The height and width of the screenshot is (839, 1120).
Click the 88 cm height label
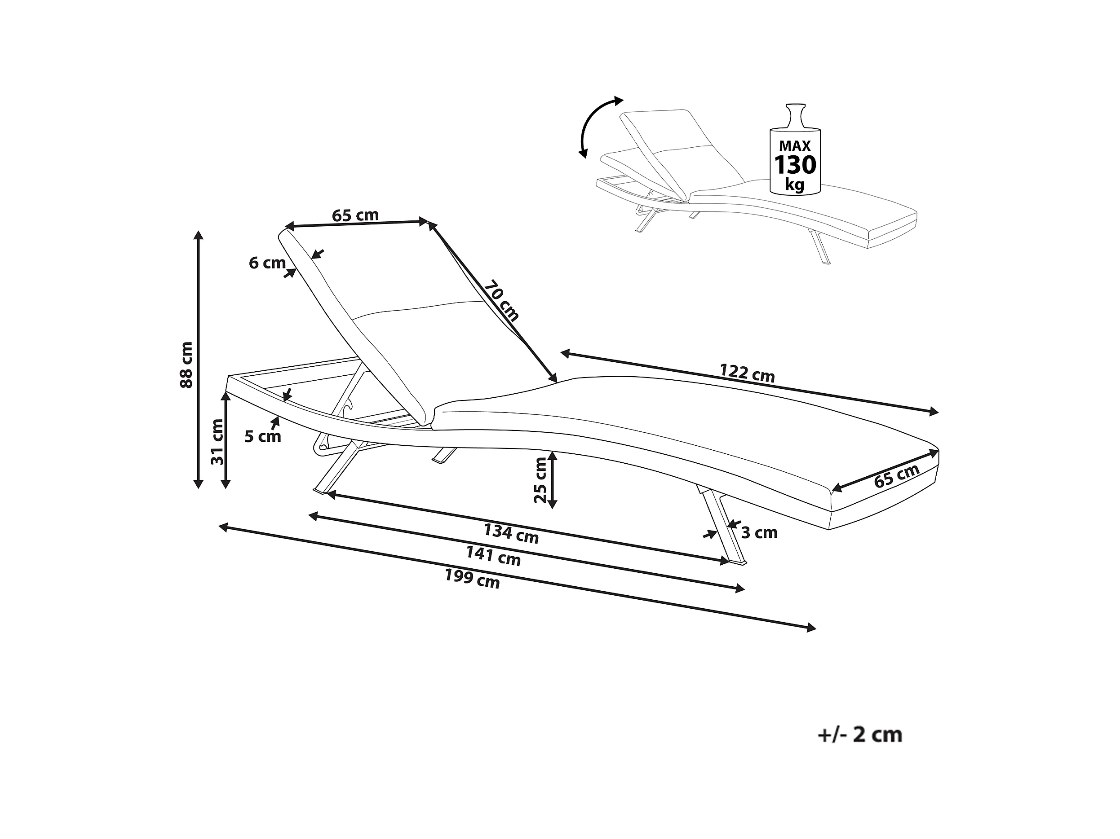coord(187,365)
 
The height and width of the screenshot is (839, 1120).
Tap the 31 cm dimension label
coord(217,442)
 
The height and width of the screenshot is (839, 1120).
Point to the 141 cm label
coord(493,556)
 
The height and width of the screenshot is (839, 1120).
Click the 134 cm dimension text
coord(511,534)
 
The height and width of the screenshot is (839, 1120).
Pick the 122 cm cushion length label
coord(748,373)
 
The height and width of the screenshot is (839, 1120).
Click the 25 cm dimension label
coord(541,480)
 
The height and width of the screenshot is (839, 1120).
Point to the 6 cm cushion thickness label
coord(267,263)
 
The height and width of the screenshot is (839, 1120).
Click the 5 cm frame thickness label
coord(263,436)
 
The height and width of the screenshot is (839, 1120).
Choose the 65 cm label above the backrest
coord(355,215)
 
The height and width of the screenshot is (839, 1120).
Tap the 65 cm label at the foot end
coord(897,476)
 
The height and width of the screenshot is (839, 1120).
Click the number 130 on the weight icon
coord(795,165)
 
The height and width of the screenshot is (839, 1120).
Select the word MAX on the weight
coord(795,146)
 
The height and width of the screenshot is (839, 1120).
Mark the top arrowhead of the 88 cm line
coord(199,235)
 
